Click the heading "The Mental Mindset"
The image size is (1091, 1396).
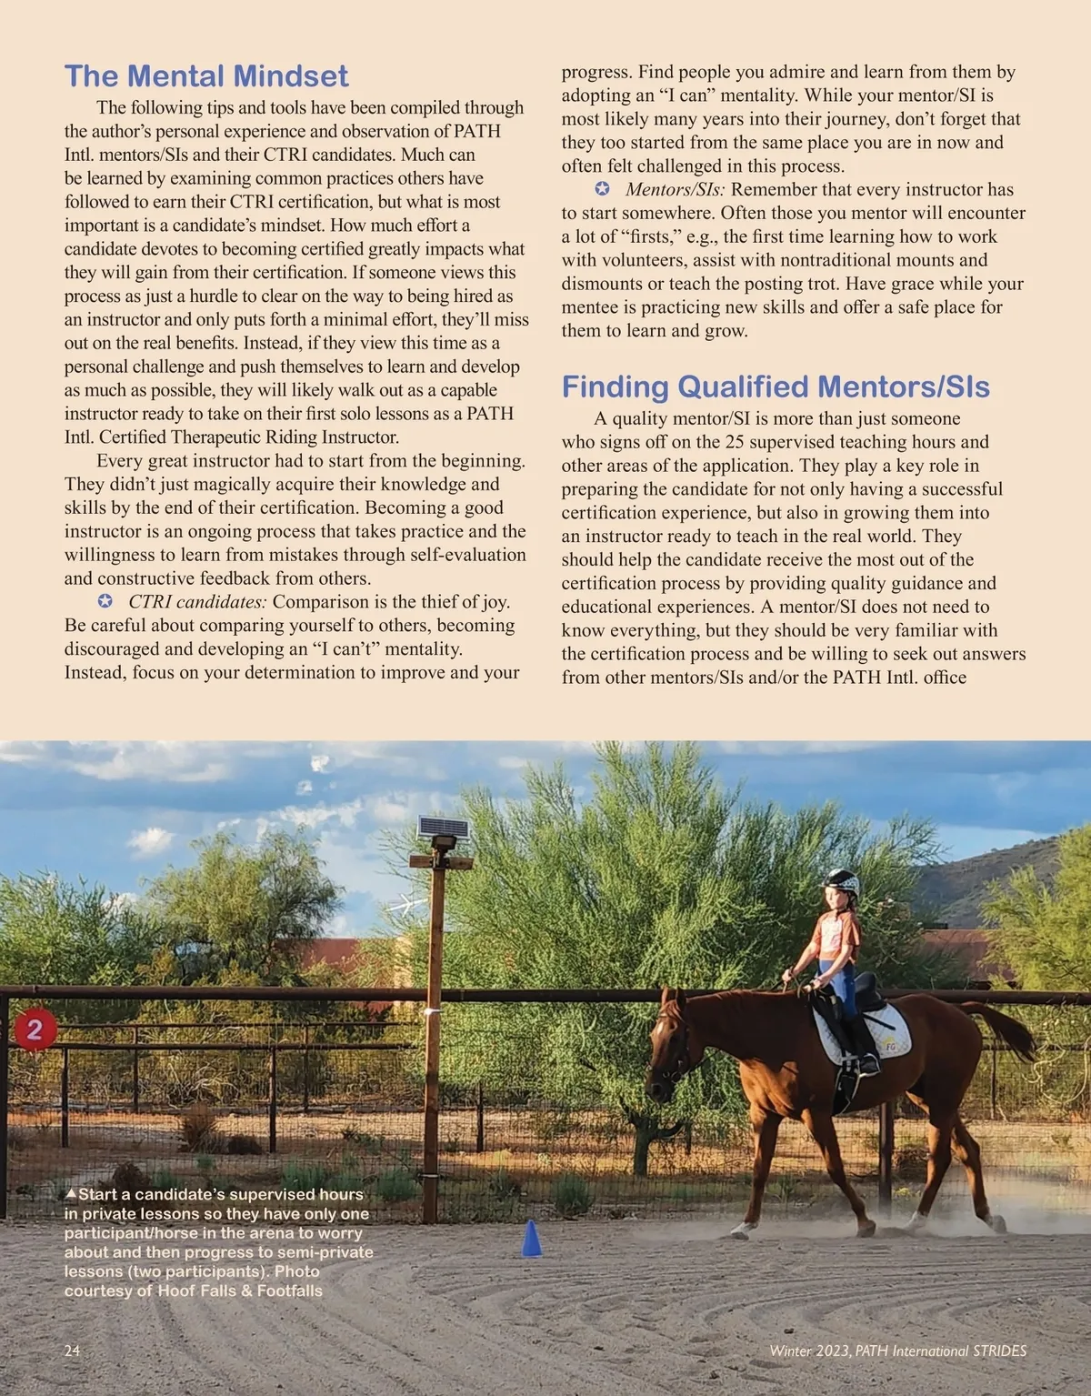pyautogui.click(x=206, y=75)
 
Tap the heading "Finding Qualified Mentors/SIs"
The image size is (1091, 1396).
pyautogui.click(x=776, y=387)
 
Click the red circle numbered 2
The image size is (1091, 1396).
pyautogui.click(x=35, y=1029)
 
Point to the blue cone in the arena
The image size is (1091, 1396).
pyautogui.click(x=532, y=1239)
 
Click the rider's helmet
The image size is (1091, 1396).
pyautogui.click(x=840, y=882)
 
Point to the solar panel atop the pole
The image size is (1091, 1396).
pyautogui.click(x=443, y=829)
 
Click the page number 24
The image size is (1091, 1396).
pyautogui.click(x=73, y=1351)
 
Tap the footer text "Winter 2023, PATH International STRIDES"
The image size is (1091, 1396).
pyautogui.click(x=897, y=1351)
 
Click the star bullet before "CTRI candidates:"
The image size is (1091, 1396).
pyautogui.click(x=105, y=602)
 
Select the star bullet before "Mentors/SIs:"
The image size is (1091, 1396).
pyautogui.click(x=602, y=189)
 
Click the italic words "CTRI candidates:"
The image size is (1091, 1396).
pyautogui.click(x=197, y=602)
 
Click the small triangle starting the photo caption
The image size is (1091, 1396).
pyautogui.click(x=70, y=1193)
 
